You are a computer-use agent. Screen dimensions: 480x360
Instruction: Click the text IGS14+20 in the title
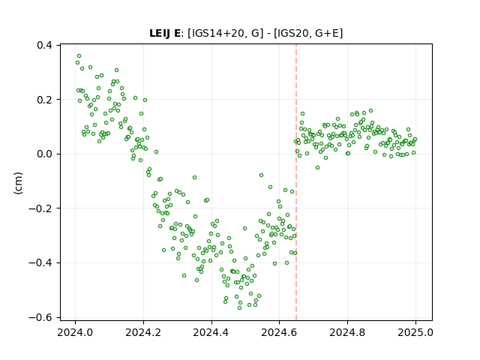tap(218, 33)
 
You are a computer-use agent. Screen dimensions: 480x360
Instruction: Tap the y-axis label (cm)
tap(18, 183)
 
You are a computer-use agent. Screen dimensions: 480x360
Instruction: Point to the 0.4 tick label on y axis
tap(44, 45)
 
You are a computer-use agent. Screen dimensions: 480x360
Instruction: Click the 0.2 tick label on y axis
tap(44, 100)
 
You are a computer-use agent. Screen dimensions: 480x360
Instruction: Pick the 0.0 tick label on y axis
tap(44, 154)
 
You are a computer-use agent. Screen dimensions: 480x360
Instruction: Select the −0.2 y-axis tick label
tap(40, 208)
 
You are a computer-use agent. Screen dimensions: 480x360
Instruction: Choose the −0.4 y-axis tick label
tap(40, 262)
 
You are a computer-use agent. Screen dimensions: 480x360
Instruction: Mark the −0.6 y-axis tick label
tap(40, 317)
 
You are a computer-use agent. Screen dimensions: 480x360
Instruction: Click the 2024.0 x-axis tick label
tap(75, 332)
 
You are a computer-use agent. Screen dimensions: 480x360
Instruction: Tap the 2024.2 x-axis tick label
tap(143, 332)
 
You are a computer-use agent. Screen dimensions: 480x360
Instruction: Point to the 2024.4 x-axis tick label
tap(211, 332)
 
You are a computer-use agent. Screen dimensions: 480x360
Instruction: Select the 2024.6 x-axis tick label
tap(279, 332)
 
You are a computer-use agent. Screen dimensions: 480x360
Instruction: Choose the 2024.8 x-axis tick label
tap(347, 332)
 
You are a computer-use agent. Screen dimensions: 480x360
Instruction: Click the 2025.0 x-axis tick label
tap(415, 332)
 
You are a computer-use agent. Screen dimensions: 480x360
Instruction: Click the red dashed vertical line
tap(296, 182)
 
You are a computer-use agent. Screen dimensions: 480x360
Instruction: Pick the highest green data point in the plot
tap(79, 56)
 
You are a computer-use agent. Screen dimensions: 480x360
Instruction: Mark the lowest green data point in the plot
tap(240, 307)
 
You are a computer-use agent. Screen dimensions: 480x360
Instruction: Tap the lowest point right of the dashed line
tap(317, 168)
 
